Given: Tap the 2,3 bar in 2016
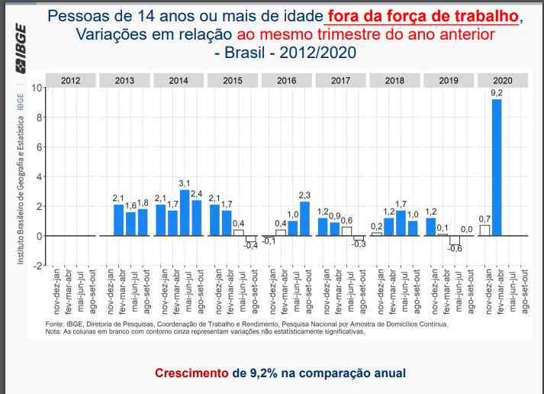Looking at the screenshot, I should pos(305,218).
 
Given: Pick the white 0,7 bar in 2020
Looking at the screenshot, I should pos(484,230).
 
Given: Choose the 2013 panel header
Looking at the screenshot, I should pos(124,79).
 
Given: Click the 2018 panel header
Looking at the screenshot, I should pos(394,79).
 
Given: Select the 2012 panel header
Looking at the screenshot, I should pos(71,79).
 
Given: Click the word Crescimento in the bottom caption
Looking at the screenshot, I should pos(193,373).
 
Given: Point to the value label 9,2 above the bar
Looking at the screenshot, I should pos(497,93).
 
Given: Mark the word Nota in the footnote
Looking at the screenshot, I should pos(53,331).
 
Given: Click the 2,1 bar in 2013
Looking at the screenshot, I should pos(118,220).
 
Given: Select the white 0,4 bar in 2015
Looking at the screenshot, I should pos(239,232).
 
